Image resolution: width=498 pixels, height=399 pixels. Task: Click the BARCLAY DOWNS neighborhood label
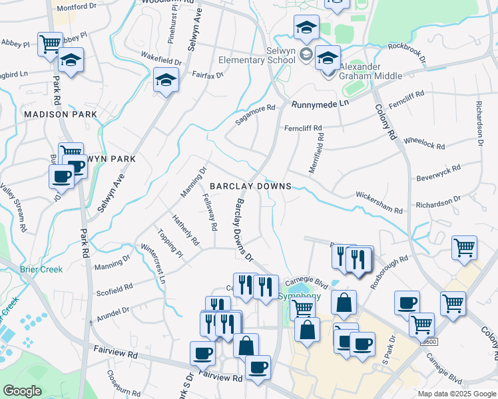[x=250, y=186]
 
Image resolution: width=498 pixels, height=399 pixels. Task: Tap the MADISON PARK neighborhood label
[x=60, y=114]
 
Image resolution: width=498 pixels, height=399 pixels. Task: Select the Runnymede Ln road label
[x=320, y=104]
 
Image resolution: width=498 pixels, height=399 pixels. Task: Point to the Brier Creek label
[x=22, y=269]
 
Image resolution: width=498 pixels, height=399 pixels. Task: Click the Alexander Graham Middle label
[x=371, y=71]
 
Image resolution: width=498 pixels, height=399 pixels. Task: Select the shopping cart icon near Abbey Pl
[x=50, y=44]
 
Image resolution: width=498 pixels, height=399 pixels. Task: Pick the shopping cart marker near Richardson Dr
[x=463, y=247]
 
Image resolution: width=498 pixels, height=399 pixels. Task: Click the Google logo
[x=23, y=390]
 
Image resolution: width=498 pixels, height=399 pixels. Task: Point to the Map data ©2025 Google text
[x=456, y=394]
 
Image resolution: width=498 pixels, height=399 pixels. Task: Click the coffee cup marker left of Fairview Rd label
[x=202, y=353]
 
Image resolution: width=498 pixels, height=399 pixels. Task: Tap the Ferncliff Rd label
[x=303, y=128]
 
